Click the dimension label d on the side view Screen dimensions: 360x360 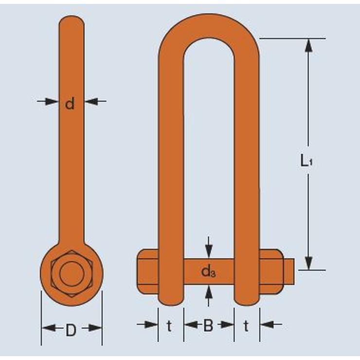pos(70,104)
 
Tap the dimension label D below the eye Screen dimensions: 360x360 pos(71,330)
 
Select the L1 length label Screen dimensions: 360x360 pos(306,160)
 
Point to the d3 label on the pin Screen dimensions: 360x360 pos(208,271)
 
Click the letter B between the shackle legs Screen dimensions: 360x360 pos(208,325)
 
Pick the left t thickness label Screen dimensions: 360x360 pos(169,326)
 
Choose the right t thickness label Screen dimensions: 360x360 pos(246,326)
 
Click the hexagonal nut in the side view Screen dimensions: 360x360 pos(72,273)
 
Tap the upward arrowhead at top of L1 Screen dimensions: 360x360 pos(308,45)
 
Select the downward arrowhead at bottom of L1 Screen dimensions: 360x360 pos(308,263)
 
